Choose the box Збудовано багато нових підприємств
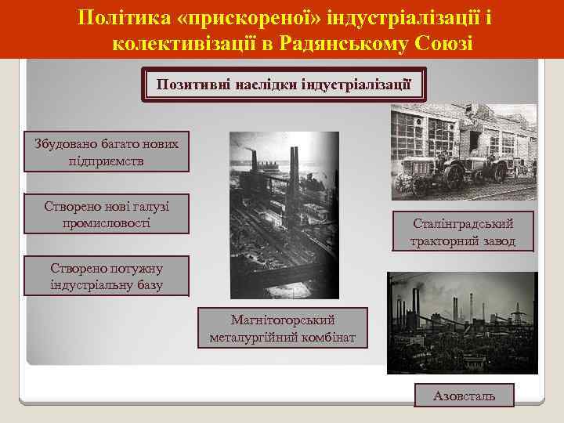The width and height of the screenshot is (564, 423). (107, 152)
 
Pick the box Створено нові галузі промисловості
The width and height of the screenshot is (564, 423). (107, 214)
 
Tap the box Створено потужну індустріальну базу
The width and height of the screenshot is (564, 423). (107, 276)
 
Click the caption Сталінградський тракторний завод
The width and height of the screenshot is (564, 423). (464, 232)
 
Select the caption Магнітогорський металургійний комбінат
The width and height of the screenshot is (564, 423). (283, 329)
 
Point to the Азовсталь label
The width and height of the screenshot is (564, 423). (465, 396)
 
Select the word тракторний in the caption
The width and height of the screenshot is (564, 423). (445, 240)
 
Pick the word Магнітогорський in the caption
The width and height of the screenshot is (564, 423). (283, 320)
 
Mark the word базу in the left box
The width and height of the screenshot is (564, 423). (147, 284)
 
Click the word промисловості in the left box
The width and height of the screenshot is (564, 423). (107, 222)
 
